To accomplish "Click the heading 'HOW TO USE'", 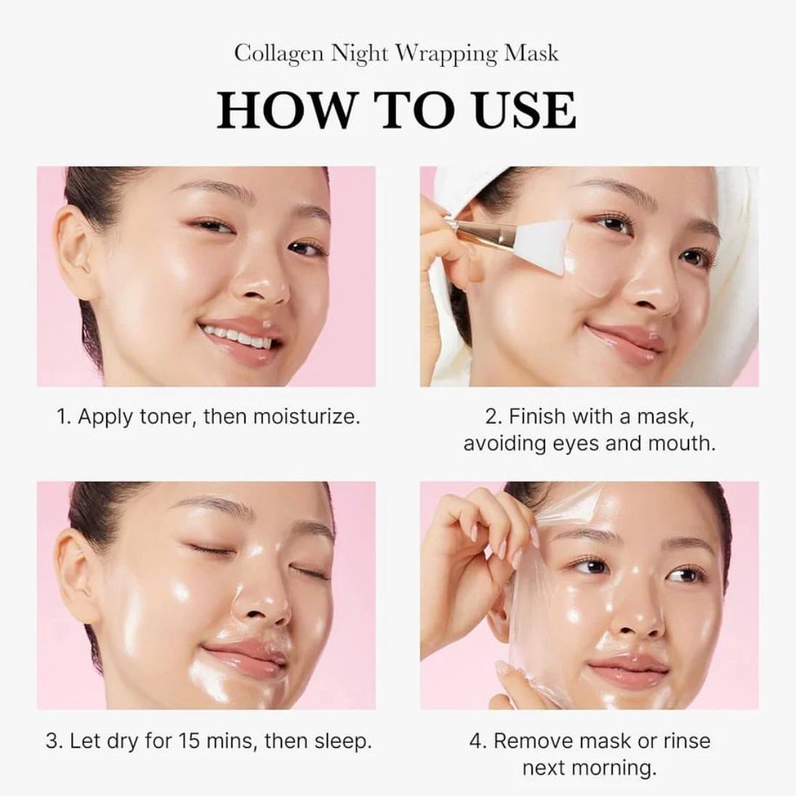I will point(397,110).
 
